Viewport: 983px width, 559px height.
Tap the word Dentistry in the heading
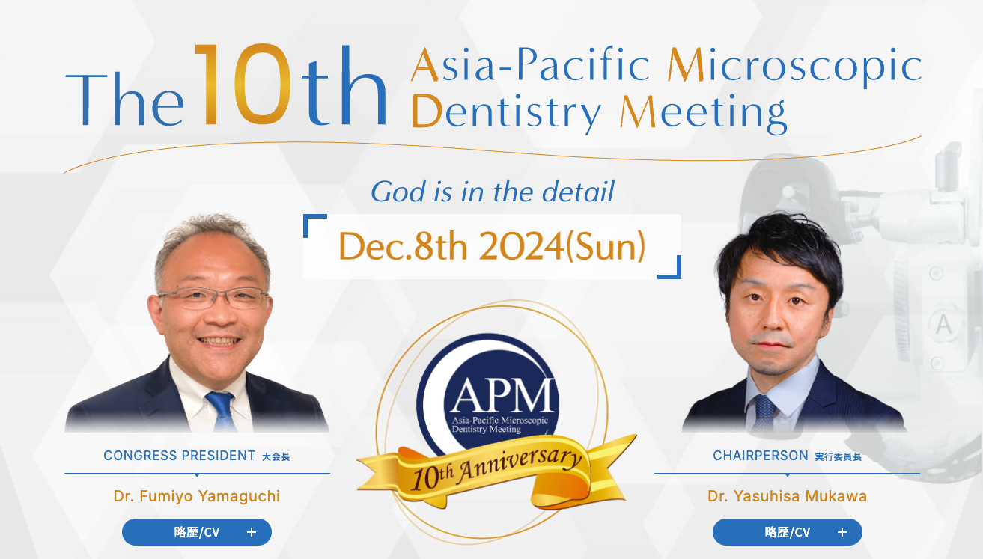click(506, 112)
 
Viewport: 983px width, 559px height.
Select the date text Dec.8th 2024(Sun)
click(492, 247)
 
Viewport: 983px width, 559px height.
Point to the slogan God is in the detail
click(493, 192)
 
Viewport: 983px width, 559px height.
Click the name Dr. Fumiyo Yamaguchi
click(197, 496)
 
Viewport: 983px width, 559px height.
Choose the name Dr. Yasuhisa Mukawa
click(788, 496)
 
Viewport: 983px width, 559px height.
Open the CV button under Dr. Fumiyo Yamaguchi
click(197, 532)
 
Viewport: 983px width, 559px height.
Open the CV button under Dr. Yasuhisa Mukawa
click(788, 532)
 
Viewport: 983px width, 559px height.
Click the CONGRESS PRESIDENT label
click(179, 456)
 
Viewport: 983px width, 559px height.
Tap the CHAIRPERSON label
click(761, 456)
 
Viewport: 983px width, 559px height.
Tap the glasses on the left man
click(213, 298)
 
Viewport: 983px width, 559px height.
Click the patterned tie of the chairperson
click(764, 412)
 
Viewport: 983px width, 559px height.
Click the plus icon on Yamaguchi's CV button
click(252, 532)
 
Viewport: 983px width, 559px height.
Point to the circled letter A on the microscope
click(943, 325)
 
